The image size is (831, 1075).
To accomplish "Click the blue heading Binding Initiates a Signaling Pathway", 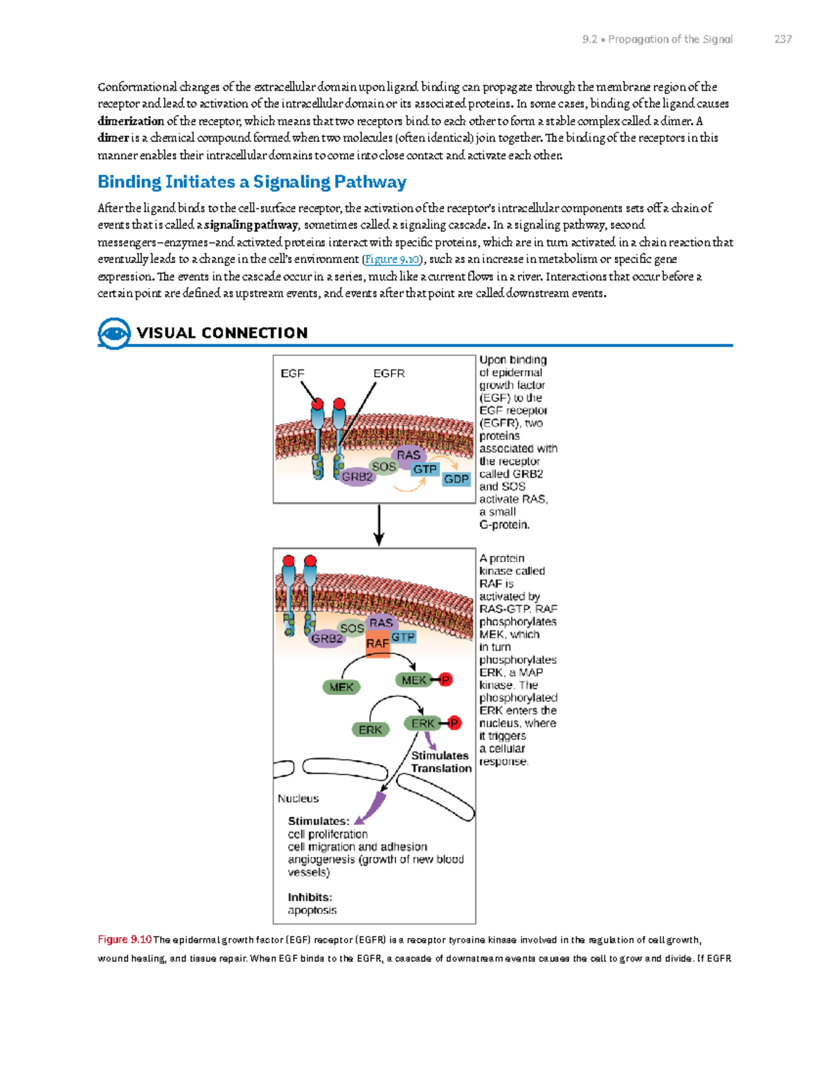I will coord(251,182).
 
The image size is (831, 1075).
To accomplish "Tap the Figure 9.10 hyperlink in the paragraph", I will coord(392,259).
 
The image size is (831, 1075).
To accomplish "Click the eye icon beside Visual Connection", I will coord(114,334).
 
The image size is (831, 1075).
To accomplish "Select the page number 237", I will coord(783,39).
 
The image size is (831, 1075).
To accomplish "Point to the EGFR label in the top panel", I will coord(388,373).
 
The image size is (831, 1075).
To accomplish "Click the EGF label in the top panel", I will coord(292,373).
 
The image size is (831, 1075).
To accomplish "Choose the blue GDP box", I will coord(456,479).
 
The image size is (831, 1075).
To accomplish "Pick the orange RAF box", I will coord(377,644).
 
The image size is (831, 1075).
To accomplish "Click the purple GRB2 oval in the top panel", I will coord(357,476).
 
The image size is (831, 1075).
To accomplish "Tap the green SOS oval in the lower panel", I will coord(352,628).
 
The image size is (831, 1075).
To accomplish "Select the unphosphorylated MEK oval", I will coord(341,687).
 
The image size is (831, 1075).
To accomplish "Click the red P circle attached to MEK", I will coord(446,680).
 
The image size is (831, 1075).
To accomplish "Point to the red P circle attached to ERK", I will coord(454,723).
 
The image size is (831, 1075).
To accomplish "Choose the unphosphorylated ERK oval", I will coord(370,730).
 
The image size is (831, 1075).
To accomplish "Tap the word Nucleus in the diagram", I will coord(298,798).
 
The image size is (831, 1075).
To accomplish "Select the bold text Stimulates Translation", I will coord(440,762).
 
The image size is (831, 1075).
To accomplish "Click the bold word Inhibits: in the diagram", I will coord(310,897).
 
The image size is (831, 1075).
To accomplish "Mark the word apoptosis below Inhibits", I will coord(312,910).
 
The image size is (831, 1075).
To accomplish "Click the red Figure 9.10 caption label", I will coord(125,939).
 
